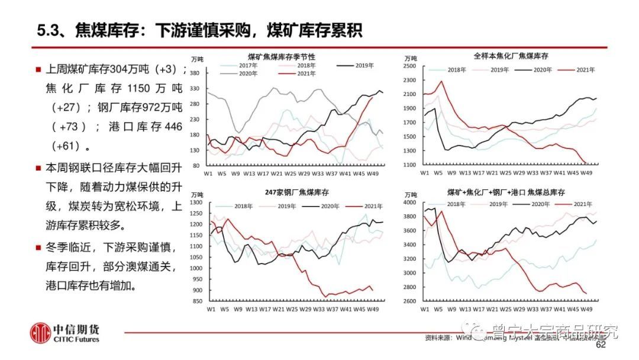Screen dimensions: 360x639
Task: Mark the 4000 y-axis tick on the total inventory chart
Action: pyautogui.click(x=411, y=202)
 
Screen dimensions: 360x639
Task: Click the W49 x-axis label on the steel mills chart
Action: pyautogui.click(x=373, y=309)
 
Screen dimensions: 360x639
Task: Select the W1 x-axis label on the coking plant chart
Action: pyautogui.click(x=425, y=172)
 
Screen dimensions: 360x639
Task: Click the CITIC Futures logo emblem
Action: pyautogui.click(x=41, y=333)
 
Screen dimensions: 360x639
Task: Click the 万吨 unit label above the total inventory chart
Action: pyautogui.click(x=410, y=194)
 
